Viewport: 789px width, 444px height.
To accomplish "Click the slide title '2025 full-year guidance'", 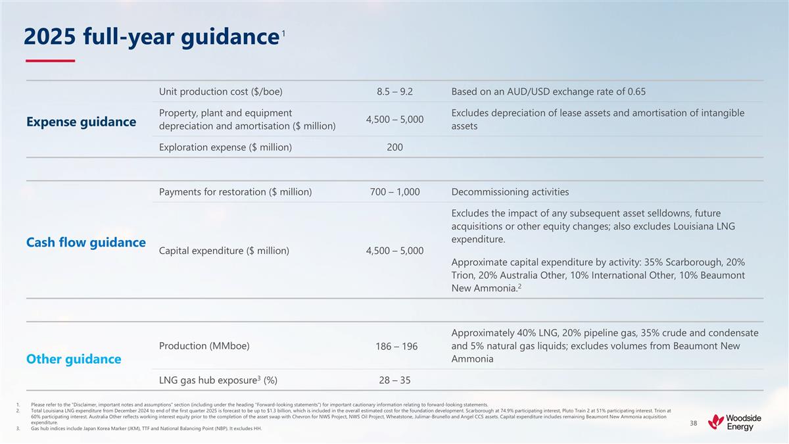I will click(x=149, y=38).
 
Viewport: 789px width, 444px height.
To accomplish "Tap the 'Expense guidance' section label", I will click(x=82, y=122).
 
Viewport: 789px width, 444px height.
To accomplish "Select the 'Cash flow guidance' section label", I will click(x=86, y=243).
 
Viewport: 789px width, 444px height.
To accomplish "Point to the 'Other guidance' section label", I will click(x=74, y=359).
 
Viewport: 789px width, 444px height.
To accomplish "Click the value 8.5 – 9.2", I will click(x=394, y=91).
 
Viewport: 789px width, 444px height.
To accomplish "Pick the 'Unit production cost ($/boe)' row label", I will click(x=221, y=91).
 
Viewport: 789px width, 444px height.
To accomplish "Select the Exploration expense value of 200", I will click(x=394, y=147).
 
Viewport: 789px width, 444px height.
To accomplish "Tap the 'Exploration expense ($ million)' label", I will click(x=226, y=147).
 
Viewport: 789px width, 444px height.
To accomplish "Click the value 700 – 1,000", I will click(x=394, y=192).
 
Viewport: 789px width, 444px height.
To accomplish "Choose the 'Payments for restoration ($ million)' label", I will click(x=235, y=192).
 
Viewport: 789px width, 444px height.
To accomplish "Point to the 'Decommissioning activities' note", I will click(x=510, y=192).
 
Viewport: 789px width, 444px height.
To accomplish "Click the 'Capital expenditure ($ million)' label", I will click(x=224, y=251).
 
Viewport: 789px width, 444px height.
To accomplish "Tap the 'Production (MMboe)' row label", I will click(x=204, y=346).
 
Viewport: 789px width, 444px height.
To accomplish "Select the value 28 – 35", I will click(x=394, y=380).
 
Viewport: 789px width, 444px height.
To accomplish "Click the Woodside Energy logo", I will click(x=730, y=423).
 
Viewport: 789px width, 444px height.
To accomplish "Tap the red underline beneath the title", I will click(x=49, y=61).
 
